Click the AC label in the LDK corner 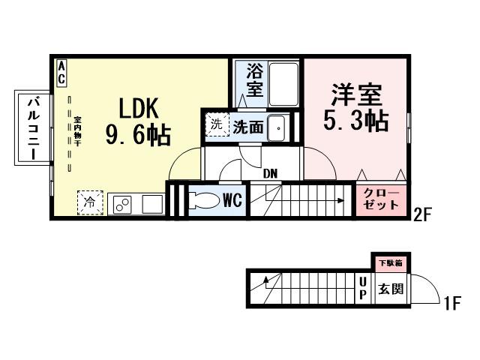coord(61,73)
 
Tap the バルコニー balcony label coord(34,128)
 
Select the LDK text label coord(139,108)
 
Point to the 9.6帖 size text coord(138,135)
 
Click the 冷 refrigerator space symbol coord(90,202)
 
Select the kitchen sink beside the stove coord(152,204)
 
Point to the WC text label coord(232,201)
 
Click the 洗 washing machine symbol coord(217,124)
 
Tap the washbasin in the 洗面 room coord(277,128)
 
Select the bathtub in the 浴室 coord(283,84)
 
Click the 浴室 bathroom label coord(254,79)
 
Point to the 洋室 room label coord(356,94)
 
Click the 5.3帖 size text coord(356,121)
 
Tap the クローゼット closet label coord(381,199)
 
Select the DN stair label coord(270,174)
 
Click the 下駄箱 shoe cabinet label coord(391,263)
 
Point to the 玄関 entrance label coord(391,289)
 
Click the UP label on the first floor coord(362,288)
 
